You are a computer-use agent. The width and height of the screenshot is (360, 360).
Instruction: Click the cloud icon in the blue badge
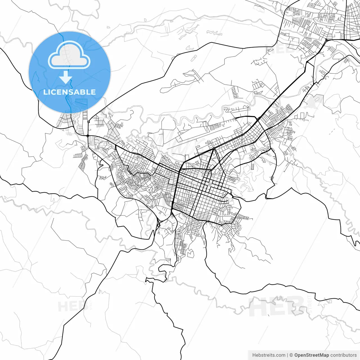[69, 55]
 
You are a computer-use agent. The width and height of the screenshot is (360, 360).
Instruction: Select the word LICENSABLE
[69, 92]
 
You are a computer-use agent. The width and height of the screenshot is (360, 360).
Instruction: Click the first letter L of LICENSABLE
[45, 92]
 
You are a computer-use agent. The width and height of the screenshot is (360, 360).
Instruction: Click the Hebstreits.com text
[269, 355]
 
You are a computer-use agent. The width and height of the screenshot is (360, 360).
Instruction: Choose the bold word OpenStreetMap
[312, 355]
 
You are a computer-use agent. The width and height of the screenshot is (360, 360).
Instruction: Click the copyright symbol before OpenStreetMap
[291, 355]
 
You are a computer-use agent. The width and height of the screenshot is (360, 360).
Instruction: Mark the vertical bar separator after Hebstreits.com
[287, 355]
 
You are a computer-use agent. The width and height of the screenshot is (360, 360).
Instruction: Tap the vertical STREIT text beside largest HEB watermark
[310, 304]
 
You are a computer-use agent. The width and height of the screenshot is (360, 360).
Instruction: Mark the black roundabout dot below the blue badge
[88, 136]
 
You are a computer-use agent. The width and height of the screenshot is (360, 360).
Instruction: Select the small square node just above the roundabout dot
[88, 122]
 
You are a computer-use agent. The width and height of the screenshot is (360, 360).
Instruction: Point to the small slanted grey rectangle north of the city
[193, 58]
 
